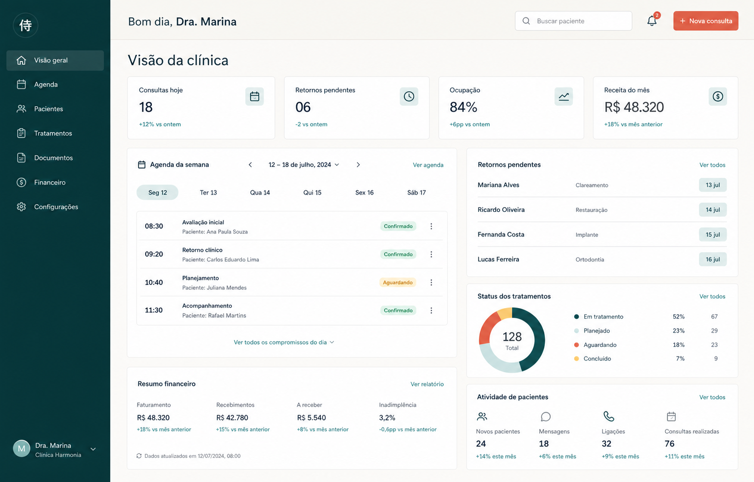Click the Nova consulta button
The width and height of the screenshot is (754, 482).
click(705, 21)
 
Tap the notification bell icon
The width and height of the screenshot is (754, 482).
click(652, 21)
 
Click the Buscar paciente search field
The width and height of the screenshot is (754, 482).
click(573, 21)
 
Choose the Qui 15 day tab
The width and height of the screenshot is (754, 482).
click(312, 192)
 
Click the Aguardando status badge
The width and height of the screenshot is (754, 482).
click(398, 282)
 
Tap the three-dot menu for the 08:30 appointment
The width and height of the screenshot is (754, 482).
click(431, 226)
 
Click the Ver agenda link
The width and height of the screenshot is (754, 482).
click(428, 165)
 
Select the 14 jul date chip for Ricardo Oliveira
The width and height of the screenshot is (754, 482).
click(713, 210)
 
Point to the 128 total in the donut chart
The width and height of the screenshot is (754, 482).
click(512, 337)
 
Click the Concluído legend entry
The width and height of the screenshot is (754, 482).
click(593, 358)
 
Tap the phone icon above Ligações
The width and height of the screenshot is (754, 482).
click(609, 417)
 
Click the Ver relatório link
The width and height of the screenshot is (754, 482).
click(427, 384)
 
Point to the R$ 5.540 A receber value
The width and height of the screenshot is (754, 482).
click(312, 418)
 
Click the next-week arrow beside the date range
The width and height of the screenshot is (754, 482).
click(358, 165)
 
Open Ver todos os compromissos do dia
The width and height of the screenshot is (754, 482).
click(284, 343)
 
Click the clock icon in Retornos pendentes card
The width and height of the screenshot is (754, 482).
click(409, 97)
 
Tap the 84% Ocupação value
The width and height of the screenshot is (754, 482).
click(463, 107)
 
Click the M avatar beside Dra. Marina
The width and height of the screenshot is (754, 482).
click(22, 449)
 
